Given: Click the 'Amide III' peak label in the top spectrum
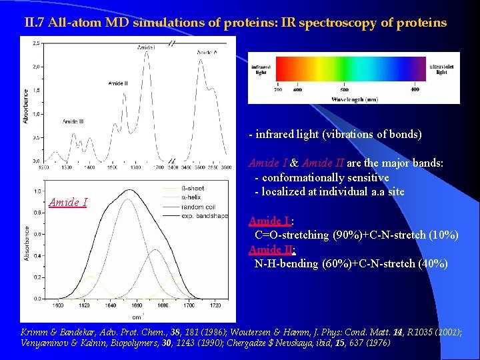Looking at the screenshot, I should pos(73,121).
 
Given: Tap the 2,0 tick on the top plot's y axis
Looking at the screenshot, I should pos(35,67).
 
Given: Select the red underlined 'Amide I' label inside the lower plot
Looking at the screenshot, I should pos(68,203).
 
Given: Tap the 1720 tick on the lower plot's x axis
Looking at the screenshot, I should pos(214,306).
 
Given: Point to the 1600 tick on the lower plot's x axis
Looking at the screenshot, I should pos(57,306).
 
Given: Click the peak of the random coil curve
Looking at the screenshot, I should pos(155,251).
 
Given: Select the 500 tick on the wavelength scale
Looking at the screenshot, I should pos(344,89).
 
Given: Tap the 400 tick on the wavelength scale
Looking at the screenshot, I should pos(415,89).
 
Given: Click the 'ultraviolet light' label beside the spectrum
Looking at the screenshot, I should pos(441,69).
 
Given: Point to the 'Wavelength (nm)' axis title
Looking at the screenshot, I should pos(355,99).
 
